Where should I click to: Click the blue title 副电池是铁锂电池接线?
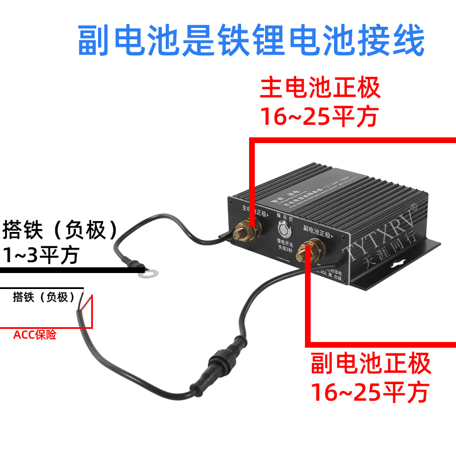[251, 40]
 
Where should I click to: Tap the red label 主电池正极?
[320, 89]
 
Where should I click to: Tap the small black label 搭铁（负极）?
[44, 297]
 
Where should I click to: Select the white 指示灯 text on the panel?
[283, 217]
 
